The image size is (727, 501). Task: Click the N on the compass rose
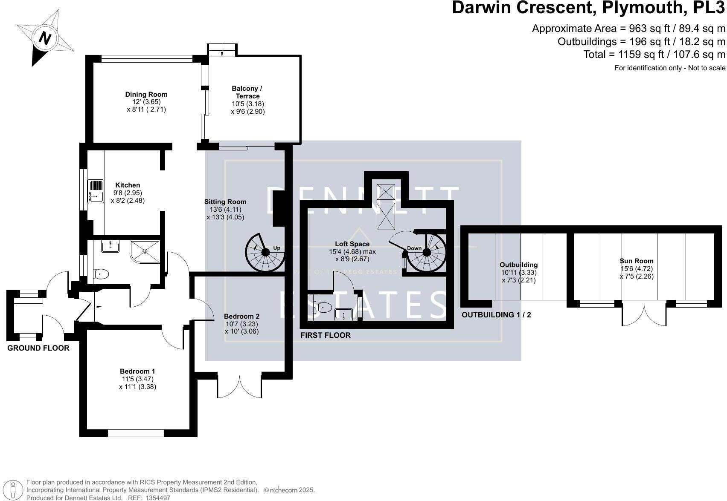[x=45, y=38]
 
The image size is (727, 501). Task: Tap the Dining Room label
[x=146, y=94]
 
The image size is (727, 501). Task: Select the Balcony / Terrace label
[x=247, y=92]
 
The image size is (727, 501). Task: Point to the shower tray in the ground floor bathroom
[x=145, y=251]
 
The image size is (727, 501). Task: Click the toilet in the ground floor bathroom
[x=101, y=274]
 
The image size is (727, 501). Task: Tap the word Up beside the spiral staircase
[x=276, y=248]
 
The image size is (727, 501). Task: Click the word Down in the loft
[x=414, y=248]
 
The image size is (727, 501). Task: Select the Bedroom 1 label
[x=137, y=371]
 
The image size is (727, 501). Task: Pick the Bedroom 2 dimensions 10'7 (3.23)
[x=242, y=324]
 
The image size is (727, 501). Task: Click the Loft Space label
[x=352, y=244]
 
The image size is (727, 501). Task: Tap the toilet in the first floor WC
[x=323, y=307]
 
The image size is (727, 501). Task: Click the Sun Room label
[x=637, y=261]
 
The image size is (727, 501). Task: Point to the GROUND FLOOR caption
[x=38, y=348]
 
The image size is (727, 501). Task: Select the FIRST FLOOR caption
[x=326, y=335]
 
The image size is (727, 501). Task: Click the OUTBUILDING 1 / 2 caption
[x=496, y=315]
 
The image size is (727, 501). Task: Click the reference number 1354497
[x=158, y=498]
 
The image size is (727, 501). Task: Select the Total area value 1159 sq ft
[x=641, y=55]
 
